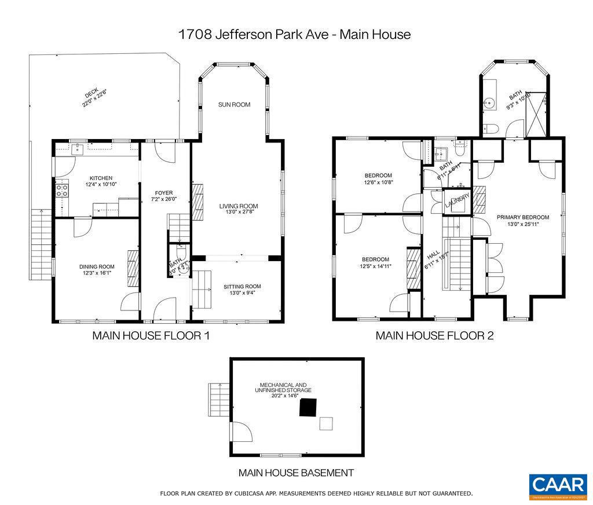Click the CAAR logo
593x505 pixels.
coord(558,486)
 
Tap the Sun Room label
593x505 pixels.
coord(234,105)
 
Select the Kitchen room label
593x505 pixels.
coord(101,178)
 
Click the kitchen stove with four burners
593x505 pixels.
coord(62,189)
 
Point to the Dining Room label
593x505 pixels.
coord(97,267)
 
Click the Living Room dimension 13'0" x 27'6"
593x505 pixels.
coord(238,212)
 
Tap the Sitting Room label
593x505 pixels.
coord(242,286)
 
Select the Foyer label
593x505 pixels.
coord(164,193)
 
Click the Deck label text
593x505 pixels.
coord(91,94)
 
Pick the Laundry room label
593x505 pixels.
coord(457,203)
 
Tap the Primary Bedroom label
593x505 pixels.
coord(523,217)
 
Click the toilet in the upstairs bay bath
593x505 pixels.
coord(490,129)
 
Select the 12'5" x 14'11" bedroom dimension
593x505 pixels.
coord(376,266)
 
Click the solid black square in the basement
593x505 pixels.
coord(308,407)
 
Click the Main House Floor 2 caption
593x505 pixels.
coord(434,335)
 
